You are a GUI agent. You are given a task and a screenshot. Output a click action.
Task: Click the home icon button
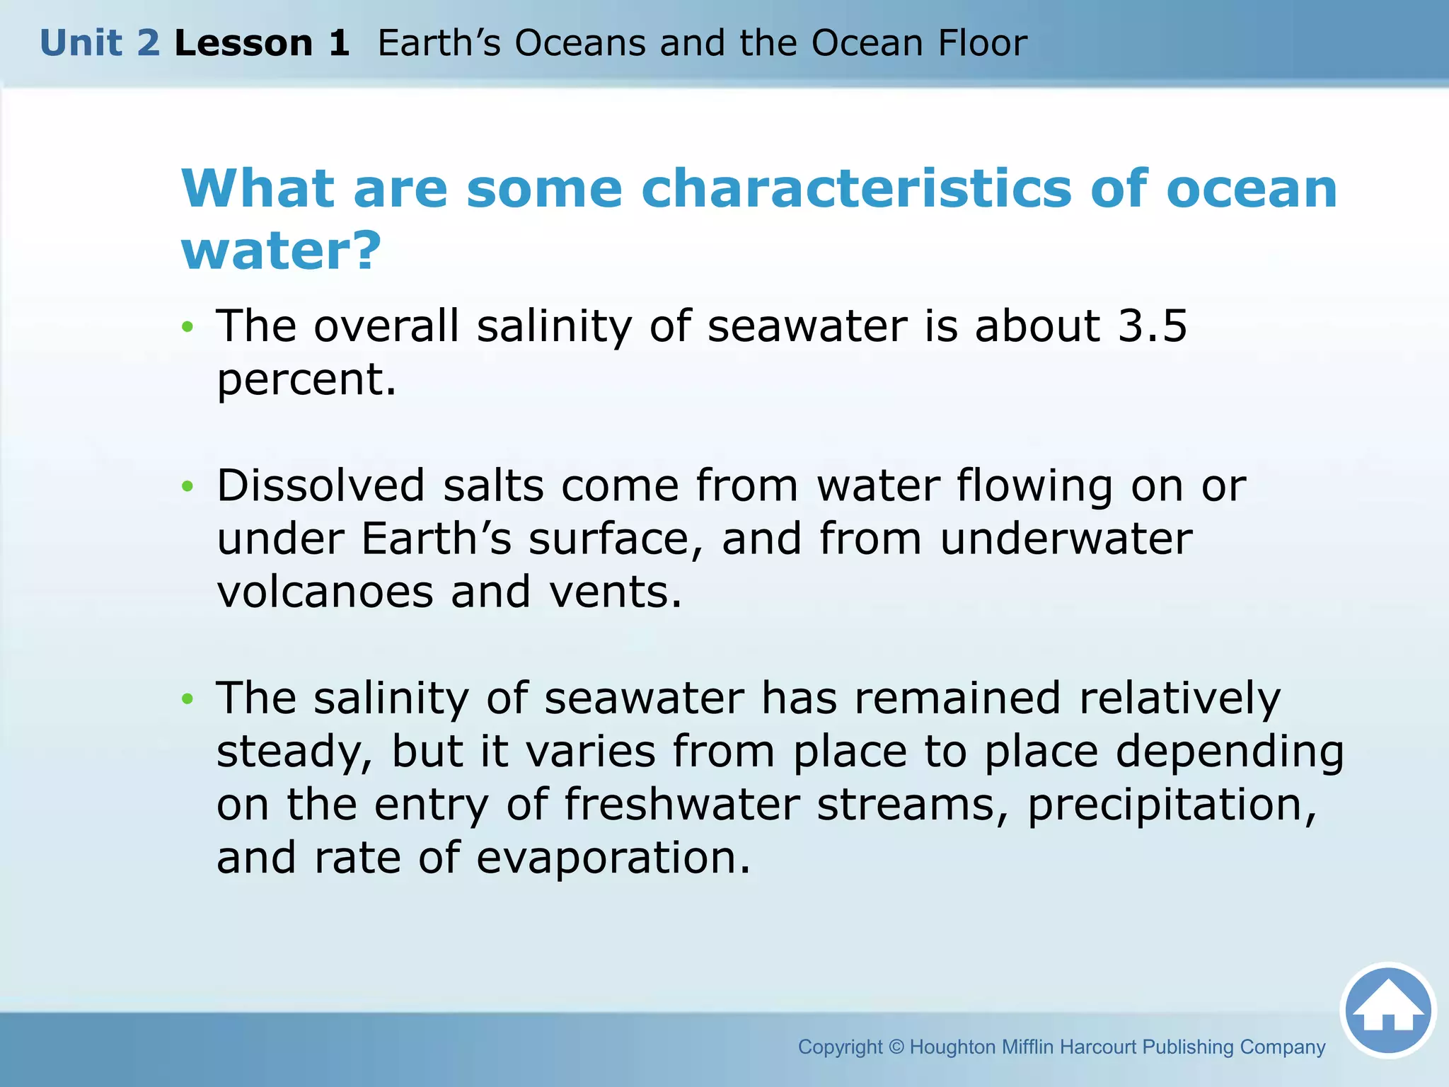click(1388, 1010)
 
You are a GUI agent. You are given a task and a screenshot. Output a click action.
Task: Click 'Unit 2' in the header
click(100, 43)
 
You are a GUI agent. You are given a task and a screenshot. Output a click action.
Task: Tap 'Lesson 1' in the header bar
click(262, 43)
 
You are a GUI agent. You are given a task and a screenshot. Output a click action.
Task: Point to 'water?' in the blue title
click(282, 251)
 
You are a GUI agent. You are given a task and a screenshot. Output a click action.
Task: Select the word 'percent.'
click(306, 380)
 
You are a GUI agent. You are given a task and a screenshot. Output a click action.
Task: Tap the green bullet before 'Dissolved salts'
click(187, 486)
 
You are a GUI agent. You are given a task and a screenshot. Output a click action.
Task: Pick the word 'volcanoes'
click(325, 592)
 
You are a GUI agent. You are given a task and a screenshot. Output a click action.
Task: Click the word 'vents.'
click(616, 592)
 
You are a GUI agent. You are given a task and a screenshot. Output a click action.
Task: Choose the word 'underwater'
click(1066, 539)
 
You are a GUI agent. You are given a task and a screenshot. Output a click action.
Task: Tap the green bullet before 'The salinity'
click(187, 699)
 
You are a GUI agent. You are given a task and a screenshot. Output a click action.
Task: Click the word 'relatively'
click(1179, 698)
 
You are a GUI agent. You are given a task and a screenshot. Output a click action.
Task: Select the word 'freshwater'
click(681, 805)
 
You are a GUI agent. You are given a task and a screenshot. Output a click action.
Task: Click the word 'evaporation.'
click(613, 858)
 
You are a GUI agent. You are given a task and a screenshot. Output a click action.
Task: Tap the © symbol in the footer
click(896, 1047)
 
